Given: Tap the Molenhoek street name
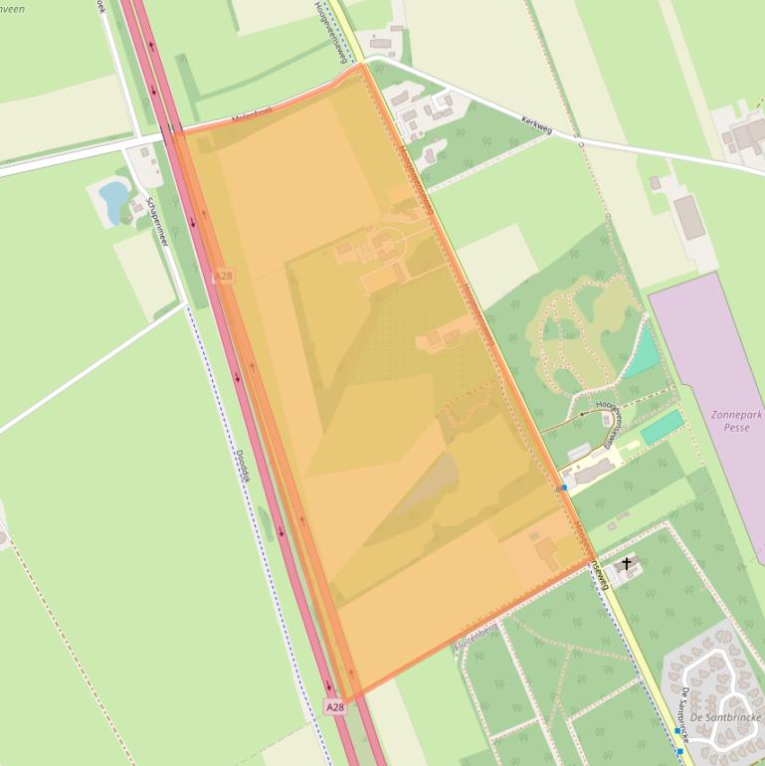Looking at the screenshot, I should [252, 114].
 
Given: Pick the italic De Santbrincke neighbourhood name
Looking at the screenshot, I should [723, 717].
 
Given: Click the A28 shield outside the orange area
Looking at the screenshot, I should [335, 707].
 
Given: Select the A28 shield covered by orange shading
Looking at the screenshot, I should [224, 275].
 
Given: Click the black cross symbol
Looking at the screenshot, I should [627, 564].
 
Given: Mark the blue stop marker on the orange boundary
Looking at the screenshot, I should [563, 488].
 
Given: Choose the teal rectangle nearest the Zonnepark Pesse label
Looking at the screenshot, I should [662, 427].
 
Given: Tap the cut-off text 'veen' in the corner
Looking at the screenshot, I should [12, 8].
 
